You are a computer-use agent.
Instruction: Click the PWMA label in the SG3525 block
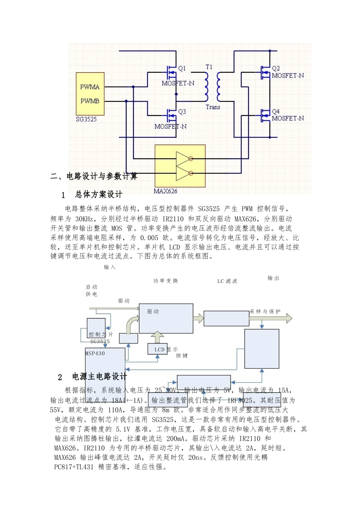90,87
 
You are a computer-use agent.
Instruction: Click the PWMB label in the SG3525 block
90,101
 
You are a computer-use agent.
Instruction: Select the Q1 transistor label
182,69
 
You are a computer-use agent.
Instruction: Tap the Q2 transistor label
276,69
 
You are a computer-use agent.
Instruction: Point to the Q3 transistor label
182,112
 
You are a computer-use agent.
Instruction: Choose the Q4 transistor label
276,112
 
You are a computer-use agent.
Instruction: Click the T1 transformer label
209,67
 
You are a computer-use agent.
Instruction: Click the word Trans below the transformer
213,107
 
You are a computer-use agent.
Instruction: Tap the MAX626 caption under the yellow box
166,191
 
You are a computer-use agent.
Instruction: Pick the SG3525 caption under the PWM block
86,119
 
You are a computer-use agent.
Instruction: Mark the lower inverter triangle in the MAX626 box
183,173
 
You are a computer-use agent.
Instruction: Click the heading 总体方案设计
99,195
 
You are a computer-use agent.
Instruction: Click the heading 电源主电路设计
100,377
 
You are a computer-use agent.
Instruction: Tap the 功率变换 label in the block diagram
166,281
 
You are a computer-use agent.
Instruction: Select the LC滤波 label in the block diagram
227,281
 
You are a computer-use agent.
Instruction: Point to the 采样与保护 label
265,312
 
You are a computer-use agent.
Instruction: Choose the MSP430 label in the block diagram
95,353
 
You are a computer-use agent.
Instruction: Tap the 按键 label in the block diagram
182,356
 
